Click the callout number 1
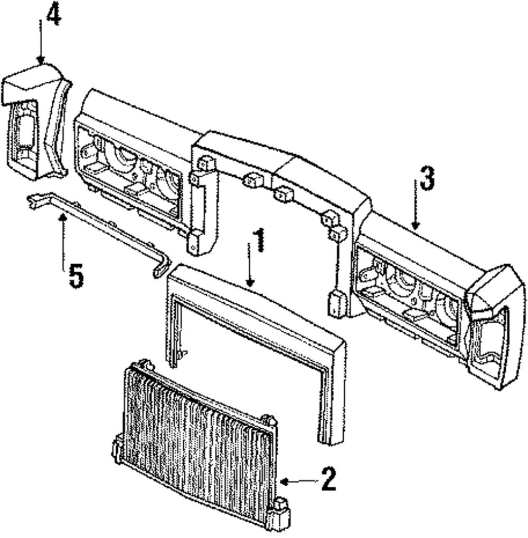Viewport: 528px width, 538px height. (x=258, y=241)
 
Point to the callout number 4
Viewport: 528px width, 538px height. (x=53, y=16)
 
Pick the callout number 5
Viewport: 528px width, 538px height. (x=76, y=275)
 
